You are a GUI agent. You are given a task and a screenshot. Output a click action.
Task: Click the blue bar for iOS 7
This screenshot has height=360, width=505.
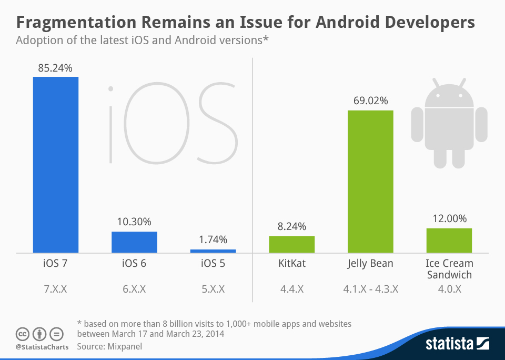pyautogui.click(x=56, y=164)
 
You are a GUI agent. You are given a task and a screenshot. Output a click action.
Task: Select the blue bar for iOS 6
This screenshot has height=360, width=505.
pyautogui.click(x=134, y=242)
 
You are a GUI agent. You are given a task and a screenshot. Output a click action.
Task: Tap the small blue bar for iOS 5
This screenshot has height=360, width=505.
pyautogui.click(x=213, y=251)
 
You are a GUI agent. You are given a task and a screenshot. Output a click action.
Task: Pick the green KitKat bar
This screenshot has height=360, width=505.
pyautogui.click(x=292, y=244)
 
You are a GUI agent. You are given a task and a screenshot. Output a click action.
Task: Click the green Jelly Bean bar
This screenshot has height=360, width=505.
pyautogui.click(x=370, y=181)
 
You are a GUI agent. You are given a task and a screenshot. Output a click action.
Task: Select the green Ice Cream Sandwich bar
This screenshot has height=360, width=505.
pyautogui.click(x=449, y=240)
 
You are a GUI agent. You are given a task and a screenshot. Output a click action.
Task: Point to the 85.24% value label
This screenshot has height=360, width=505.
pyautogui.click(x=55, y=68)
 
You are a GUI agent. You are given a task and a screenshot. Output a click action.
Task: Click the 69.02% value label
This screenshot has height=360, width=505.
pyautogui.click(x=370, y=101)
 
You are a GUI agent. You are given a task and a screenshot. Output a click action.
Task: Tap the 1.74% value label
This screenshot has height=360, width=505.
pyautogui.click(x=213, y=240)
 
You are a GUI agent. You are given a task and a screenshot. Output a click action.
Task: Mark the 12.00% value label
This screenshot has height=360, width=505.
pyautogui.click(x=449, y=219)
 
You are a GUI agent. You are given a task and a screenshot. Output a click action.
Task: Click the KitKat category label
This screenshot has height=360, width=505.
pyautogui.click(x=292, y=264)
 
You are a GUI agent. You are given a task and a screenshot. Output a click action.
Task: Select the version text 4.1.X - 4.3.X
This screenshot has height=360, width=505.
pyautogui.click(x=370, y=288)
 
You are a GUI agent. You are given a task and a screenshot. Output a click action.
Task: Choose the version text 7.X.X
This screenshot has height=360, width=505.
pyautogui.click(x=55, y=288)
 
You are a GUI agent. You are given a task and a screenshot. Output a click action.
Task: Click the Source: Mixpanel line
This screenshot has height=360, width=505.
pyautogui.click(x=109, y=346)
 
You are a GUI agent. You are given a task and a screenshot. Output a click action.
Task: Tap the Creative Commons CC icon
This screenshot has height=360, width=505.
pyautogui.click(x=22, y=334)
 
